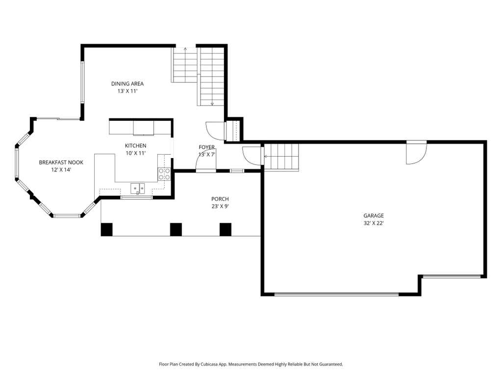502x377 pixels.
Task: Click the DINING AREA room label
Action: point(127,83)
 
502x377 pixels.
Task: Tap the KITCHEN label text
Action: point(135,146)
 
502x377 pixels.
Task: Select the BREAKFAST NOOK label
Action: point(61,162)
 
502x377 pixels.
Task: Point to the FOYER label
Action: point(207,147)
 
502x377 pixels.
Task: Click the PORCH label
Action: point(220,199)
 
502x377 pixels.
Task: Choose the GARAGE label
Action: point(374,216)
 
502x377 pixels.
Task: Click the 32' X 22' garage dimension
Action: point(374,223)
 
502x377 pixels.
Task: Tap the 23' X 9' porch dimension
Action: point(220,207)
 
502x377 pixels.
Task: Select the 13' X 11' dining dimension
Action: point(127,91)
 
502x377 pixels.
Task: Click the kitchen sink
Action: point(138,188)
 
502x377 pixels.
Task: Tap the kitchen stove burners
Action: point(164,174)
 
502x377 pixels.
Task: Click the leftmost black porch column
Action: point(106,230)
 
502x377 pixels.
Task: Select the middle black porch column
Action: point(176,230)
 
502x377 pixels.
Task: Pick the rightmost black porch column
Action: point(226,230)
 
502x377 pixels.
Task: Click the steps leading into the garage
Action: point(281,157)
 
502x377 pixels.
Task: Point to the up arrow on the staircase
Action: point(185,50)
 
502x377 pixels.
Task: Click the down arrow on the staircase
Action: point(212,103)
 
